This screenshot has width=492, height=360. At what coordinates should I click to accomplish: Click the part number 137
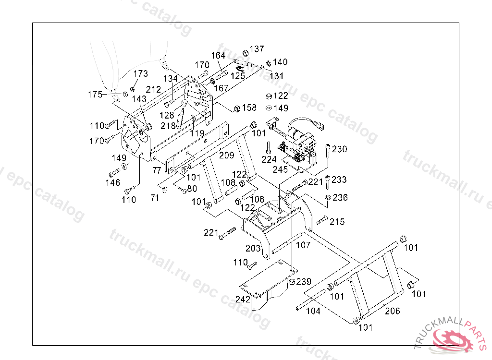[x=257, y=49]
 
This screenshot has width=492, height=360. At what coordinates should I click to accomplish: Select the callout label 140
[x=280, y=62]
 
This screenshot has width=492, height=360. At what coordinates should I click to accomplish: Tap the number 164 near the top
[x=218, y=56]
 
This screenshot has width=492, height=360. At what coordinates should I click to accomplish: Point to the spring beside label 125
[x=240, y=68]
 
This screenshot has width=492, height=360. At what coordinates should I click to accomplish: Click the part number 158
[x=249, y=108]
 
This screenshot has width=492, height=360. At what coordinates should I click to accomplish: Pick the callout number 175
[x=95, y=95]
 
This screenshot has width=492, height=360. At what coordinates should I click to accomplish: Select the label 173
[x=141, y=73]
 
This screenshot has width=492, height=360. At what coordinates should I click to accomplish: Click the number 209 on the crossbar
[x=227, y=155]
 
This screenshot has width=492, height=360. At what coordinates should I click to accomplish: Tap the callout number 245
[x=280, y=169]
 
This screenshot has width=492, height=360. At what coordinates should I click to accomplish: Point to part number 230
[x=340, y=149]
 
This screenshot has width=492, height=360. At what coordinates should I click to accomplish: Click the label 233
[x=339, y=180]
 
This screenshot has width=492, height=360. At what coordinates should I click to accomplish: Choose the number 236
[x=340, y=197]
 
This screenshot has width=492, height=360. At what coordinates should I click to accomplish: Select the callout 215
[x=337, y=222]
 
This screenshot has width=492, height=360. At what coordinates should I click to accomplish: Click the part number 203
[x=253, y=248]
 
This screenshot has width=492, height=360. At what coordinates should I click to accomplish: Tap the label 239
[x=304, y=281]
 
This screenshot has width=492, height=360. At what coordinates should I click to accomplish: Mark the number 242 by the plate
[x=243, y=299]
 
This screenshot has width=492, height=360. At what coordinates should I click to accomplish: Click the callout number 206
[x=393, y=311]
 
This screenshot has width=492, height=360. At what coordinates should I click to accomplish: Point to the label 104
[x=313, y=311]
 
